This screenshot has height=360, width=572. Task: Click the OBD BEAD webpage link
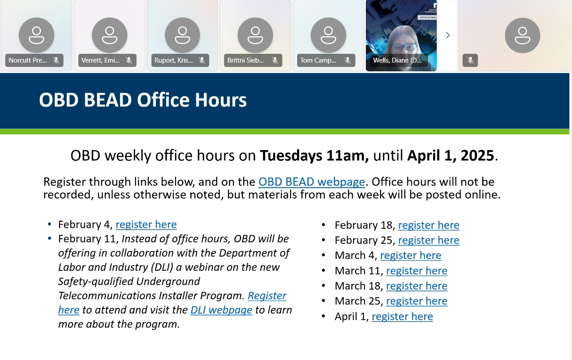tap(312, 182)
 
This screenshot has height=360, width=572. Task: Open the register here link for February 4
tap(146, 225)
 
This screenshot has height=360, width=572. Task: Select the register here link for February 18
tap(429, 225)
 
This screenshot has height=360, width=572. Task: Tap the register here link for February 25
tap(429, 240)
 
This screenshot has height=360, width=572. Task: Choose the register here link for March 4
tap(411, 255)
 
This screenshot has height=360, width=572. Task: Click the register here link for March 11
tap(417, 271)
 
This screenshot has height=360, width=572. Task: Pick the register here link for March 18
tap(417, 286)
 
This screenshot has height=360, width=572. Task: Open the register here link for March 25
tap(417, 301)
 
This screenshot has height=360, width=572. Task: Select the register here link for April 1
tap(402, 317)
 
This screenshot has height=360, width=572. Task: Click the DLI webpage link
tap(221, 310)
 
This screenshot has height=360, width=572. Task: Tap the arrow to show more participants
tap(448, 35)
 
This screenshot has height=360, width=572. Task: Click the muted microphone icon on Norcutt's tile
tap(56, 60)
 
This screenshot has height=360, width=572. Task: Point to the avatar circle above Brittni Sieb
tap(255, 35)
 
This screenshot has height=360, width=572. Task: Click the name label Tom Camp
tap(318, 60)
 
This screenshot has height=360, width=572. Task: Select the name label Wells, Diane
tap(397, 60)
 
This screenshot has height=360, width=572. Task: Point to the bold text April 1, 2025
tap(451, 155)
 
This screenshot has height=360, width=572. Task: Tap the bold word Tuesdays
tap(291, 156)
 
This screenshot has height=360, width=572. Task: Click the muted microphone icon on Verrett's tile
tap(129, 60)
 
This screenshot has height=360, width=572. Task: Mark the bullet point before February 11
tap(49, 238)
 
